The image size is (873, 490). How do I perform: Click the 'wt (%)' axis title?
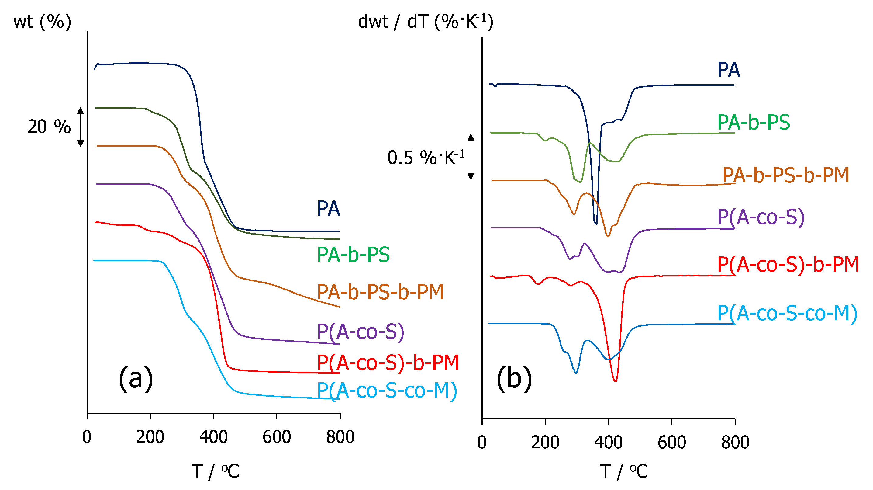pyautogui.click(x=42, y=22)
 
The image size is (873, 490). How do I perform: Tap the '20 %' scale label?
pyautogui.click(x=49, y=127)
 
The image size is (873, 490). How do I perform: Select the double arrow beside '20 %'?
pyautogui.click(x=80, y=127)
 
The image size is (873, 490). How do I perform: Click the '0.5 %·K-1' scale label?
pyautogui.click(x=426, y=158)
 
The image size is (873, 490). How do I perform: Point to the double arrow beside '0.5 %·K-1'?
pyautogui.click(x=471, y=157)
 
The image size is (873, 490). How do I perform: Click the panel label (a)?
pyautogui.click(x=136, y=378)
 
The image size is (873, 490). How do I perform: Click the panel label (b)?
pyautogui.click(x=514, y=378)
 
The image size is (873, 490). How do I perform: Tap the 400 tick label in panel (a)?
pyautogui.click(x=213, y=437)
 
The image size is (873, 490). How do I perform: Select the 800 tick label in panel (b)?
pyautogui.click(x=735, y=443)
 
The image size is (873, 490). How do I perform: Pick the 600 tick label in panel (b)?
pyautogui.click(x=672, y=443)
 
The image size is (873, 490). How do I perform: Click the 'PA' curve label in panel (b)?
pyautogui.click(x=729, y=70)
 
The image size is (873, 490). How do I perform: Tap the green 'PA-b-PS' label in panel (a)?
pyautogui.click(x=353, y=255)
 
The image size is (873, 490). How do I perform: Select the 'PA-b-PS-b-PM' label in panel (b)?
pyautogui.click(x=785, y=175)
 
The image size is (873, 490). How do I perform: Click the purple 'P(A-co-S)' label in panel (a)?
pyautogui.click(x=361, y=332)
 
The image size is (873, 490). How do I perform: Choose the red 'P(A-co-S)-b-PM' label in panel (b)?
pyautogui.click(x=788, y=265)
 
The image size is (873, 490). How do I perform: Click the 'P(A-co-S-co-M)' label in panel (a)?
pyautogui.click(x=387, y=391)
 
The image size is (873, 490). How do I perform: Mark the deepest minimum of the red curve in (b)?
pyautogui.click(x=615, y=381)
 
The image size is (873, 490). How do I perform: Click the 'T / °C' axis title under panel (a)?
pyautogui.click(x=215, y=471)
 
